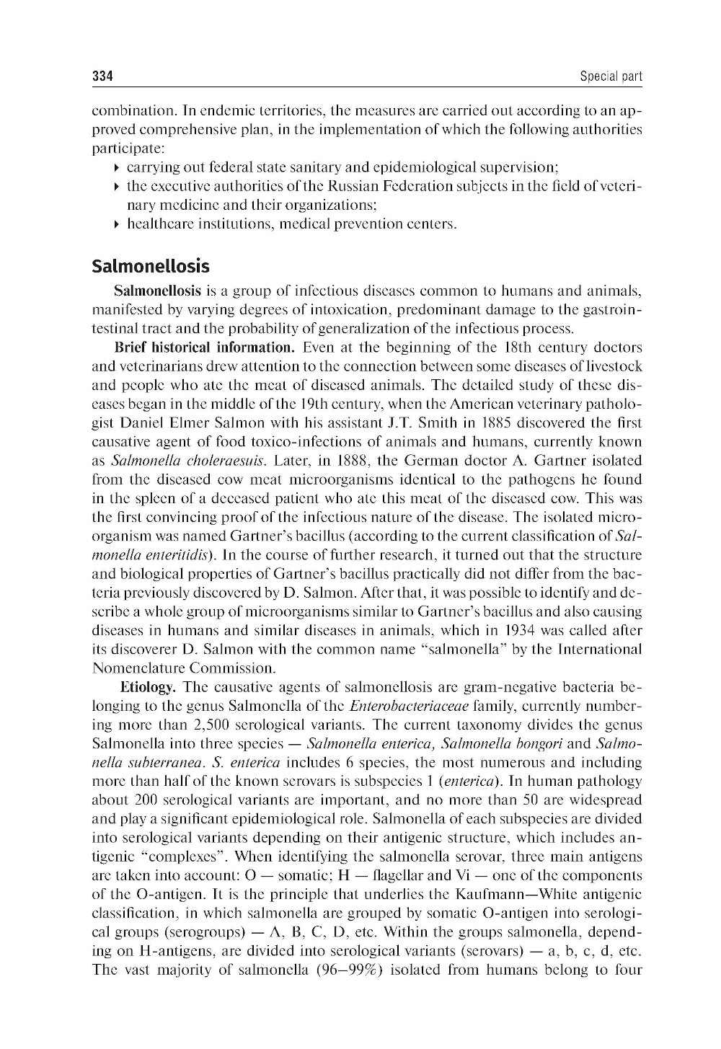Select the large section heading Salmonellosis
tap(151, 266)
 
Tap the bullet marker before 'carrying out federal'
tap(117, 168)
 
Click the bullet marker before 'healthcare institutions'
tap(117, 224)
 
